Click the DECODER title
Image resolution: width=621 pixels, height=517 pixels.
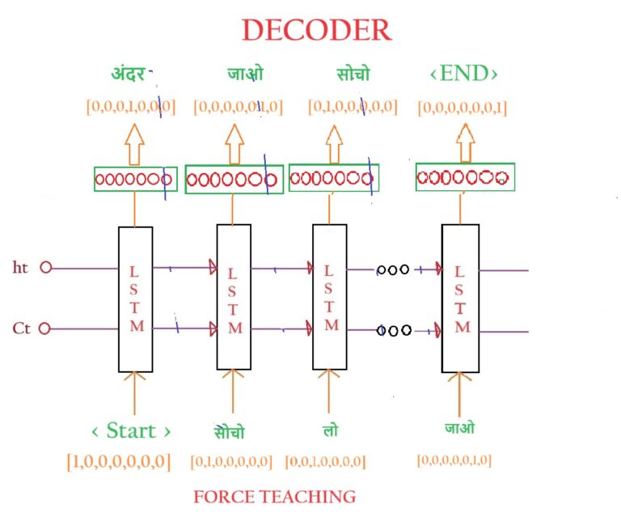pyautogui.click(x=316, y=30)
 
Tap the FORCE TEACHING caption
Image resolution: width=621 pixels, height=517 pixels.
pyautogui.click(x=274, y=496)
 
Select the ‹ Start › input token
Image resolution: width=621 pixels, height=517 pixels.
pyautogui.click(x=132, y=429)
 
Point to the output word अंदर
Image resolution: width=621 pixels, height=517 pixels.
pyautogui.click(x=129, y=75)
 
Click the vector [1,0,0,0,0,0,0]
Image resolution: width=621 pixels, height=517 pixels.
pyautogui.click(x=118, y=462)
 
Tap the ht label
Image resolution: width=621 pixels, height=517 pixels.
pyautogui.click(x=22, y=267)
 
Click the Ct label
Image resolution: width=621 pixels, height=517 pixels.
pyautogui.click(x=22, y=328)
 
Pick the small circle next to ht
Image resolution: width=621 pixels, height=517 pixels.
pyautogui.click(x=45, y=267)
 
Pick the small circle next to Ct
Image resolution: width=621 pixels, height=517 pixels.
pyautogui.click(x=45, y=328)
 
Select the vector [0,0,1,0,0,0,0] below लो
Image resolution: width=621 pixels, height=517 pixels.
pyautogui.click(x=326, y=462)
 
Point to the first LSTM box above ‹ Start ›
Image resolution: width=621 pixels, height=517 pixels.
pyautogui.click(x=135, y=299)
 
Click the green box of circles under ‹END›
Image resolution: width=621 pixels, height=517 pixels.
pyautogui.click(x=465, y=177)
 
